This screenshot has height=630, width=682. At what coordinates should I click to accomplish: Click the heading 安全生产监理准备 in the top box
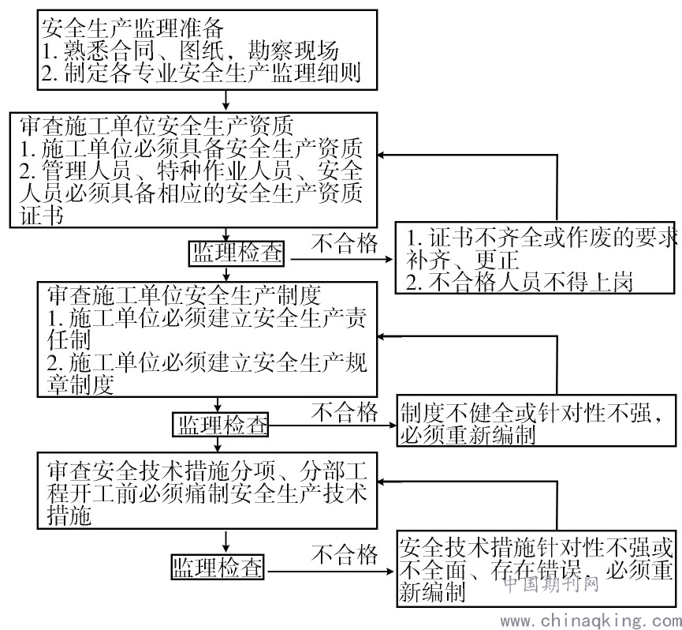tap(132, 28)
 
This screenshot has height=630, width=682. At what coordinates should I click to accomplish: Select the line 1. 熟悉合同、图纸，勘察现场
tap(190, 51)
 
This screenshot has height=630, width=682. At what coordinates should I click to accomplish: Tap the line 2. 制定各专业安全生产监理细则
tap(201, 73)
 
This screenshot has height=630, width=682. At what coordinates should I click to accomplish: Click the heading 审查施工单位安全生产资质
tap(157, 126)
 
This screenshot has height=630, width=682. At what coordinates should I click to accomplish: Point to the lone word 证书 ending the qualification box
tap(42, 216)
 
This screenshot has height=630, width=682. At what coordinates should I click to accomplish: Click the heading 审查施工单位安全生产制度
tap(184, 295)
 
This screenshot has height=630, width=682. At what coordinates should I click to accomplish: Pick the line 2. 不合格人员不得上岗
tap(519, 282)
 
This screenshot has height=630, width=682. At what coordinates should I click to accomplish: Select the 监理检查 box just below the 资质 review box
tap(237, 253)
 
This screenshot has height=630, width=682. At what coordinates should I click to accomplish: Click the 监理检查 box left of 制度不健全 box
tap(221, 425)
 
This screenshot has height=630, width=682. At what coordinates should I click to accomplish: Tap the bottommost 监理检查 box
tap(218, 566)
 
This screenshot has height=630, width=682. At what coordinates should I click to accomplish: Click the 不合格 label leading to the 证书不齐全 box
tap(345, 243)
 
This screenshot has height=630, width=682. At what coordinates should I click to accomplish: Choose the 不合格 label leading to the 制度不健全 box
tap(345, 412)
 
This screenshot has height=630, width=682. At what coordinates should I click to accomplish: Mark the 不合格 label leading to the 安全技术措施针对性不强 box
tap(345, 554)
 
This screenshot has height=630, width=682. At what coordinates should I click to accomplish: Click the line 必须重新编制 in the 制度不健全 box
tap(468, 434)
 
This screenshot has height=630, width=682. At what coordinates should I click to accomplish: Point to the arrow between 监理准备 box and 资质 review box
tap(225, 100)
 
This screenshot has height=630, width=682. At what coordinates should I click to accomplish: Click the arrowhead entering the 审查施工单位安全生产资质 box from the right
tap(381, 155)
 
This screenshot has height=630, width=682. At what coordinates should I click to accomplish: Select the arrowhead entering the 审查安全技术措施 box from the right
tap(381, 482)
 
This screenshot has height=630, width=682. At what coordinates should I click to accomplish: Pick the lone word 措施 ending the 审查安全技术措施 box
tap(69, 516)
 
